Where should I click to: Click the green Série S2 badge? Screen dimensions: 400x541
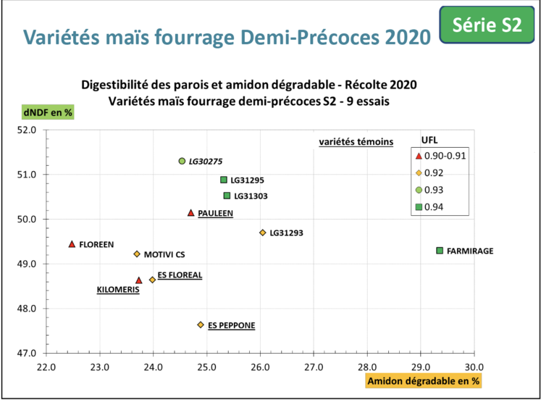(x=486, y=25)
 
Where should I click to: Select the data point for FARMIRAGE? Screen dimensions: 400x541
(x=440, y=251)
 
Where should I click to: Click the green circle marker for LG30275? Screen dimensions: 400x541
(x=182, y=161)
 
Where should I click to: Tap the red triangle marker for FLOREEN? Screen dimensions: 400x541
(x=72, y=244)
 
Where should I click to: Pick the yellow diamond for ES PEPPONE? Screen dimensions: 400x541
(x=201, y=325)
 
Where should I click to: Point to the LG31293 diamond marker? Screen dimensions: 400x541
(x=262, y=233)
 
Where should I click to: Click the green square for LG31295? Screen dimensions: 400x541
(x=224, y=180)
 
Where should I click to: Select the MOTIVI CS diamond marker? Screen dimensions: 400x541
(x=137, y=254)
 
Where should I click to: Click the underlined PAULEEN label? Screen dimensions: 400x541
(x=215, y=213)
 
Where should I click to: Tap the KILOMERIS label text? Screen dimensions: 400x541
(x=117, y=290)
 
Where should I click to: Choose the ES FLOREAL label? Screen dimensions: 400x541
(x=180, y=275)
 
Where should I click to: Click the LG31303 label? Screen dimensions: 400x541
(x=252, y=196)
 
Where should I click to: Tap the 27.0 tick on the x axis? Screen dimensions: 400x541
(x=314, y=367)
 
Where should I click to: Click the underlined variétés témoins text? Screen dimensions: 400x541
(x=356, y=142)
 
